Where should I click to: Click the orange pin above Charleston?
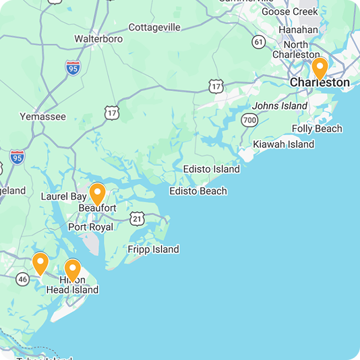point(320,69)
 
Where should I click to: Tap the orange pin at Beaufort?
point(98,194)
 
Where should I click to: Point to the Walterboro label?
point(98,39)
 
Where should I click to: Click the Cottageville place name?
point(154,28)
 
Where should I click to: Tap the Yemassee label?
point(42,116)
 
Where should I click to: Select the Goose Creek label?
point(290,11)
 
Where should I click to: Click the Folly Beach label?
point(317,129)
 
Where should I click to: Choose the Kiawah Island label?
point(283,144)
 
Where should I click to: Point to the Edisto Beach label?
point(198,191)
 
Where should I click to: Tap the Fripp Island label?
point(154,249)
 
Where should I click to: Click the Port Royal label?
point(91,227)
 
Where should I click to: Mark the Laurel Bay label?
point(63,197)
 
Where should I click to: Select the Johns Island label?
point(280,106)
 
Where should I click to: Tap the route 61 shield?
point(259,42)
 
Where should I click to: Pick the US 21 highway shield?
point(138,218)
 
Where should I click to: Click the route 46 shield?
point(23,278)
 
